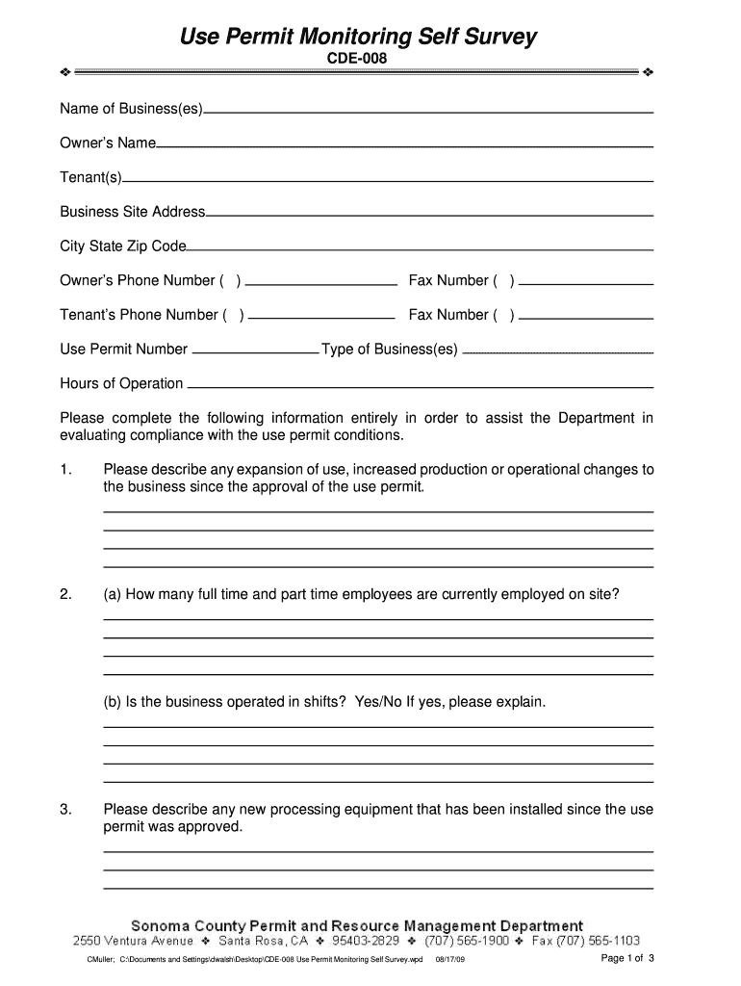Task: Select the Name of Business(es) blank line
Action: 428,114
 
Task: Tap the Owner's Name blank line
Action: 404,147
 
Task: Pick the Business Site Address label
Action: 133,212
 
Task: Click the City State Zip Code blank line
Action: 420,250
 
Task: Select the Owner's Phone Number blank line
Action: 321,286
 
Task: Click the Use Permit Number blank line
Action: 255,353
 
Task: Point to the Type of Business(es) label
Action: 390,349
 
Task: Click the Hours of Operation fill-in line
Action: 420,387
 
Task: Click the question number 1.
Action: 65,470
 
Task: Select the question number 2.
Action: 65,594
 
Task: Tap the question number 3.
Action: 65,810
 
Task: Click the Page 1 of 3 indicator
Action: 627,959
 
